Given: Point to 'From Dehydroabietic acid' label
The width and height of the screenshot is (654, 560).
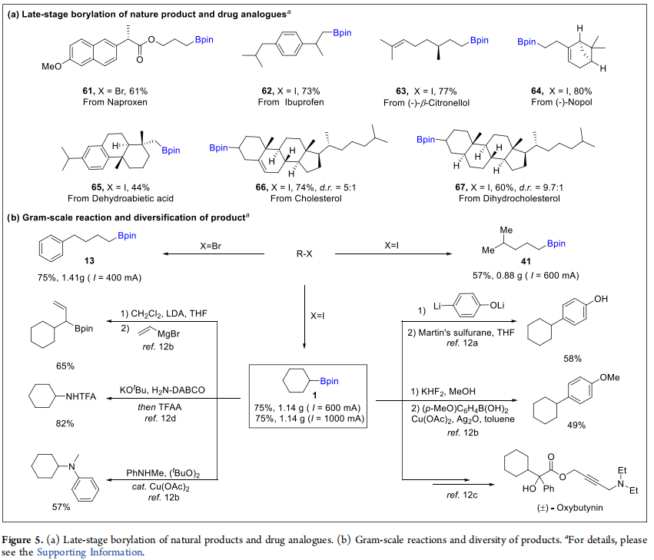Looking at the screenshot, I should (x=107, y=197).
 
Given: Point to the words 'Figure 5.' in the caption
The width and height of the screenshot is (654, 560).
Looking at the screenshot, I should (x=26, y=539).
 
